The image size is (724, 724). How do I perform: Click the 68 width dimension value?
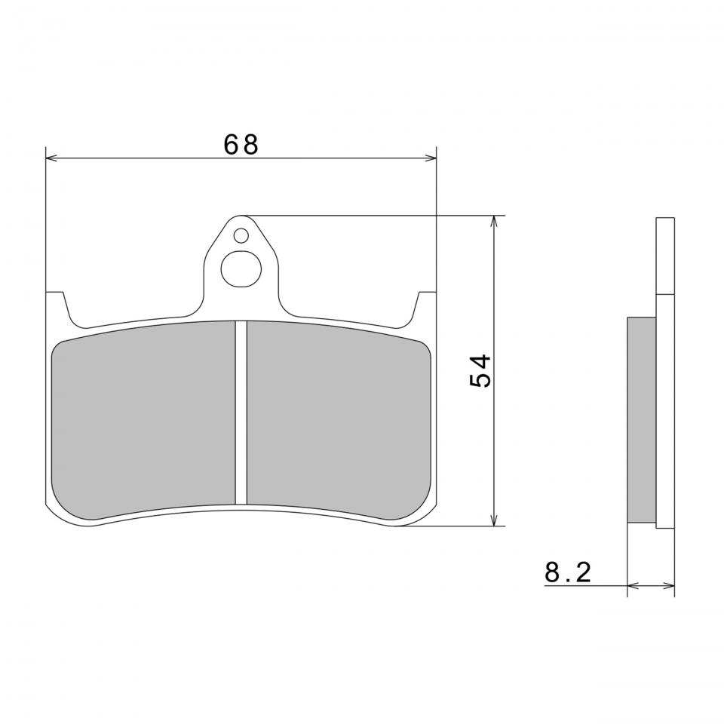coord(241,145)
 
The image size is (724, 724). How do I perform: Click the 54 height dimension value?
coord(480,371)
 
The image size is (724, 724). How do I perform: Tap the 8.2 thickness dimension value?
coord(568,572)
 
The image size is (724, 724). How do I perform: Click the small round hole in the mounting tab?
coord(241,236)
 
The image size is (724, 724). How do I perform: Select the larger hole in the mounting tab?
coord(241,269)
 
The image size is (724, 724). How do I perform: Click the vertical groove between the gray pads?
coord(241,413)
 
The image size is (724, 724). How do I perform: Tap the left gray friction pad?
coord(143,420)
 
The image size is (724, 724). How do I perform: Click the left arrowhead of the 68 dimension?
coord(51,158)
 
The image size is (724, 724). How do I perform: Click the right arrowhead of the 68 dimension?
coord(431,158)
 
